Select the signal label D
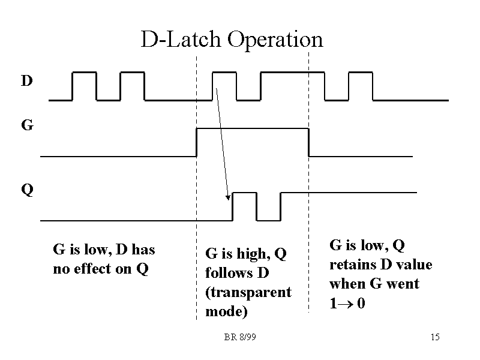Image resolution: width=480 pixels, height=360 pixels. [27, 80]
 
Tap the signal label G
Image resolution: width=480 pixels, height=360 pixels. [27, 126]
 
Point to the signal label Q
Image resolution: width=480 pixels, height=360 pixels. [28, 190]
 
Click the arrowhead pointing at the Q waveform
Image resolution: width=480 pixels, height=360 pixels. [229, 197]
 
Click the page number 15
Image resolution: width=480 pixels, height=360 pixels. [435, 337]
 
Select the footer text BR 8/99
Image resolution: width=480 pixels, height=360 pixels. [240, 337]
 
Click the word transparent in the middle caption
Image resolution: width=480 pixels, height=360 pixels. [248, 293]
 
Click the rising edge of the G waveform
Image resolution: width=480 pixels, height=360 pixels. [197, 142]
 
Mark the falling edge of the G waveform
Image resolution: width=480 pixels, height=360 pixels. [308, 142]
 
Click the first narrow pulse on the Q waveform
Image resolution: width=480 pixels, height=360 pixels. [244, 205]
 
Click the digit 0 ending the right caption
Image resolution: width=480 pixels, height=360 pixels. [360, 304]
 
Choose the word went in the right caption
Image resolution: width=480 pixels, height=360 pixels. [405, 284]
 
